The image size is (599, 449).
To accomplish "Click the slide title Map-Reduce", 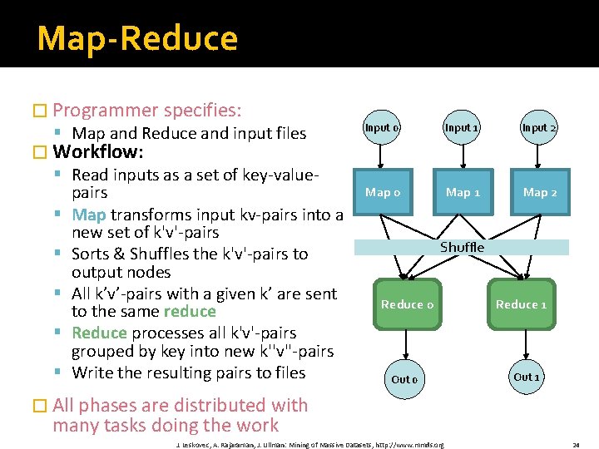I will (137, 38).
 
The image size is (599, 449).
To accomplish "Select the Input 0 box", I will (382, 127).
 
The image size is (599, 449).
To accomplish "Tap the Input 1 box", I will (461, 127).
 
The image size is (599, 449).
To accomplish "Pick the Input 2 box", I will (539, 127).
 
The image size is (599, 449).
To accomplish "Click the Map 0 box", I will (383, 192).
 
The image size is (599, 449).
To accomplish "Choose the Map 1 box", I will (463, 192).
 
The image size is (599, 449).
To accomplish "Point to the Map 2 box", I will (540, 192).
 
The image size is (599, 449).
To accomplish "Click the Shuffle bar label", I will (462, 247).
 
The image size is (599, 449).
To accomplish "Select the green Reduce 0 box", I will (408, 304).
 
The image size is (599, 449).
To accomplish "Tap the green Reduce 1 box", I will (521, 304).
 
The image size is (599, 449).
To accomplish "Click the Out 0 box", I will (404, 379).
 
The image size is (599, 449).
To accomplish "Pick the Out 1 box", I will (527, 377).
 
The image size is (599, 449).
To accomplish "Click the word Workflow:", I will (98, 152).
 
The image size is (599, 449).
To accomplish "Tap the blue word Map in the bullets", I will (89, 215).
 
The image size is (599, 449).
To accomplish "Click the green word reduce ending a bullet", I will (190, 311).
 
